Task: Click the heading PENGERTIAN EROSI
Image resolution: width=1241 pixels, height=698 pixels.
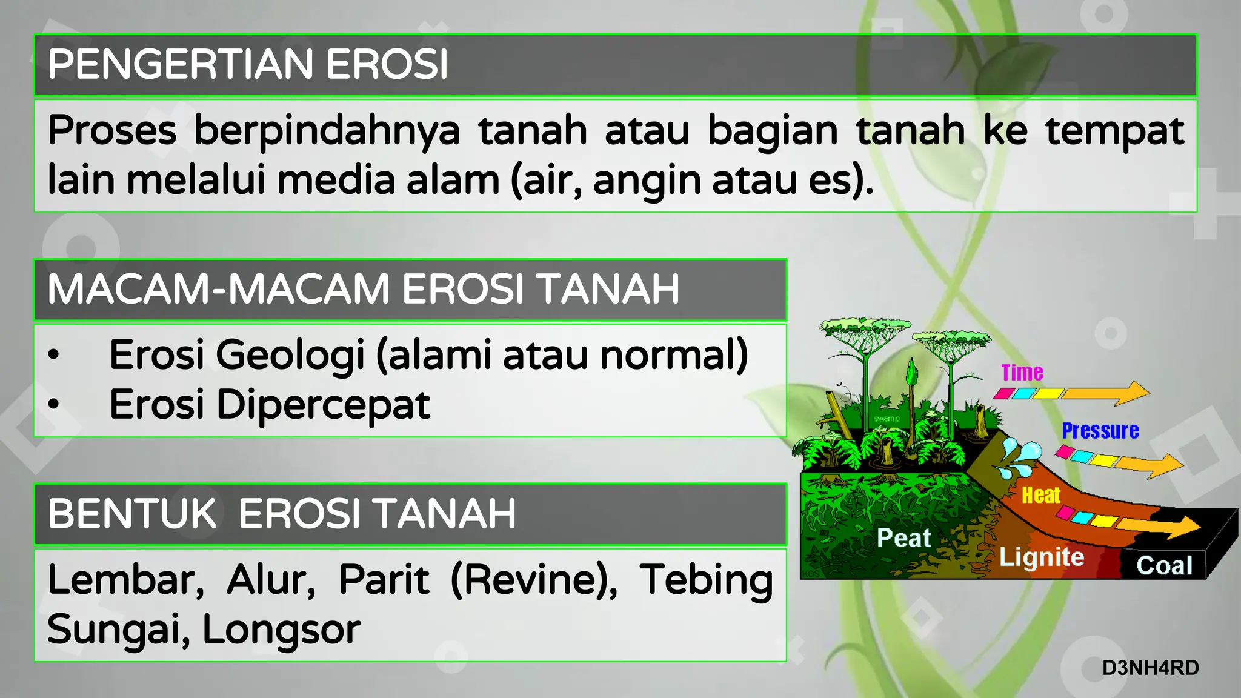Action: (x=247, y=64)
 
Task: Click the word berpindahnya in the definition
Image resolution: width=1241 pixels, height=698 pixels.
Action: (x=327, y=131)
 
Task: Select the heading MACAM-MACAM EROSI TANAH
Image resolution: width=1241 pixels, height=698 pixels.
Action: (x=364, y=289)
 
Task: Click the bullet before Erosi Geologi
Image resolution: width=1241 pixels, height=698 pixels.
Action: (x=54, y=354)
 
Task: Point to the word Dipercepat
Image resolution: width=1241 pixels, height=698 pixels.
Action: (x=324, y=405)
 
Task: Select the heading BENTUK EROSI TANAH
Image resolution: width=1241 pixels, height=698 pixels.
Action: (x=282, y=514)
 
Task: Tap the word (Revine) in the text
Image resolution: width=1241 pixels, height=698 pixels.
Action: (x=534, y=580)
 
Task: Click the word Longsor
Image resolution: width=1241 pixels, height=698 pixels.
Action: (x=281, y=630)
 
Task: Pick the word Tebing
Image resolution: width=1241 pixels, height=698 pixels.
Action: (x=706, y=580)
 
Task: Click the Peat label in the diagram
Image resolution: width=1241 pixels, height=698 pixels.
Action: (x=903, y=538)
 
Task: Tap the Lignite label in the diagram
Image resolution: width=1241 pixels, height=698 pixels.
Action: (x=1041, y=557)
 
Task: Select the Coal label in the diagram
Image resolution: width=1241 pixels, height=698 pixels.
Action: (x=1163, y=565)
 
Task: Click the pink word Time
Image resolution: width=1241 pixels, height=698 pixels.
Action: (x=1022, y=372)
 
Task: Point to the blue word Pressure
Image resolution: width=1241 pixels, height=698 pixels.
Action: (x=1100, y=431)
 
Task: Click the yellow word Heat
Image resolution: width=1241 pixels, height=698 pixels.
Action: (x=1040, y=495)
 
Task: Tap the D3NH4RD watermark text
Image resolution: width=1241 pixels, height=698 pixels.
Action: (x=1150, y=668)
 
